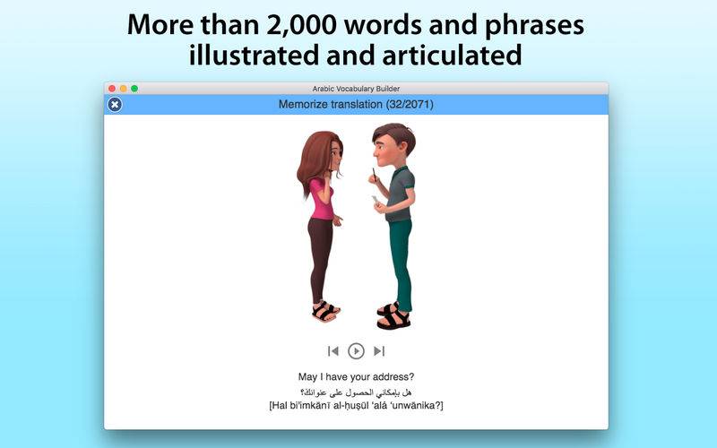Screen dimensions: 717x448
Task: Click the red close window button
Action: pyautogui.click(x=112, y=88)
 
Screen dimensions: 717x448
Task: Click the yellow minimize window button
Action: pyautogui.click(x=123, y=88)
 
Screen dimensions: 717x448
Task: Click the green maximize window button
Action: pyautogui.click(x=134, y=88)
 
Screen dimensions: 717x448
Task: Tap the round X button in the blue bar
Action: pyautogui.click(x=115, y=105)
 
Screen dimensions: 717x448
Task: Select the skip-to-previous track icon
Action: pyautogui.click(x=333, y=350)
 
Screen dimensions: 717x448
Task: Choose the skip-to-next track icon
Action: pyautogui.click(x=379, y=350)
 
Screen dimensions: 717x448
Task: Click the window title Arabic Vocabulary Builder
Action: pyautogui.click(x=356, y=89)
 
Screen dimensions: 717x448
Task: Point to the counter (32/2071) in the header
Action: pyautogui.click(x=410, y=104)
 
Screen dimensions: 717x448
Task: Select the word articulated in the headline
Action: pyautogui.click(x=452, y=55)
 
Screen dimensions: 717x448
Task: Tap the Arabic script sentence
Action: pyautogui.click(x=356, y=392)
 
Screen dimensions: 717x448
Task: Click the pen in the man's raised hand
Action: pyautogui.click(x=374, y=175)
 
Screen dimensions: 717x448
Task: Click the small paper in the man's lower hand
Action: pyautogui.click(x=375, y=200)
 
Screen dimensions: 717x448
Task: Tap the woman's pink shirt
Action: pyautogui.click(x=322, y=199)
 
